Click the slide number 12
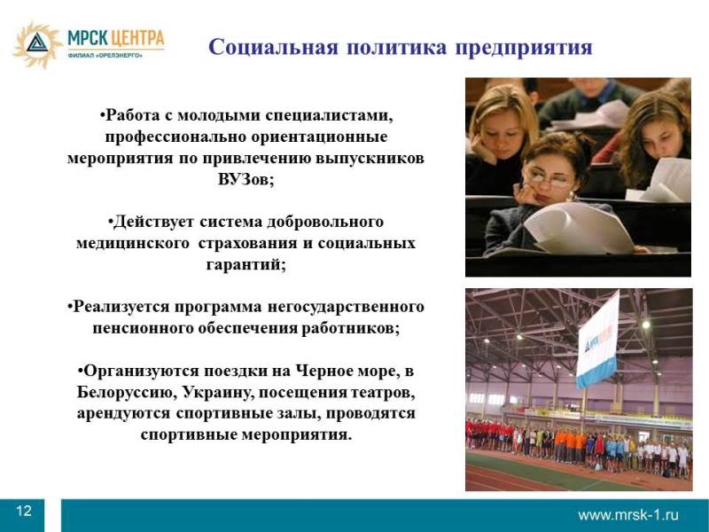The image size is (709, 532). (24, 512)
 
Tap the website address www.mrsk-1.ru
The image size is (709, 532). (628, 515)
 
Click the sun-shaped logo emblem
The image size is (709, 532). (37, 45)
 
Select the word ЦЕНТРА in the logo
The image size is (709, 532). (137, 38)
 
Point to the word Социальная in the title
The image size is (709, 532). (273, 48)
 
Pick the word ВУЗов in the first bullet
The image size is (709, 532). (246, 180)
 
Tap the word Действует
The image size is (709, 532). (151, 223)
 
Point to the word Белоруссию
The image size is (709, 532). (126, 392)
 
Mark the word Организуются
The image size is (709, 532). (138, 372)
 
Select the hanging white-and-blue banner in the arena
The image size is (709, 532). (597, 340)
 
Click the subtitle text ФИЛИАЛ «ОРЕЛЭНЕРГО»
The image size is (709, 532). (105, 55)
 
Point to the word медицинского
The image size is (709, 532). (133, 243)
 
